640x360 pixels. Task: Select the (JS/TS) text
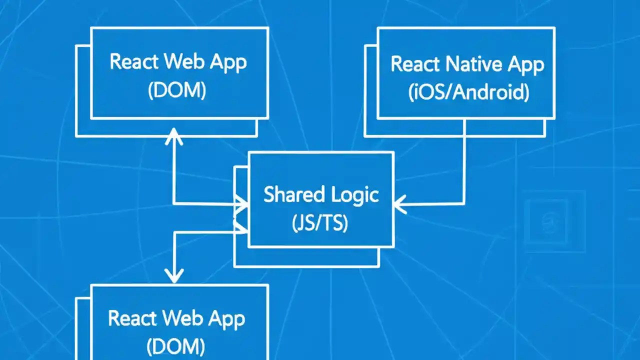click(320, 223)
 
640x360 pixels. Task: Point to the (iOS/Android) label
click(468, 93)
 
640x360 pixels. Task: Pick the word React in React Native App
click(415, 64)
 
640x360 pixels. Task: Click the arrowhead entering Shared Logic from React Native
click(399, 204)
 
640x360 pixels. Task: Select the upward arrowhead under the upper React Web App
click(173, 135)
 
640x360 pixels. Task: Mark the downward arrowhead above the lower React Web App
click(174, 275)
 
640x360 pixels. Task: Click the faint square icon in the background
click(554, 221)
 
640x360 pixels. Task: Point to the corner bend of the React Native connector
click(464, 203)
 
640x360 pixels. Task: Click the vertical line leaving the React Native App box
click(464, 160)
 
